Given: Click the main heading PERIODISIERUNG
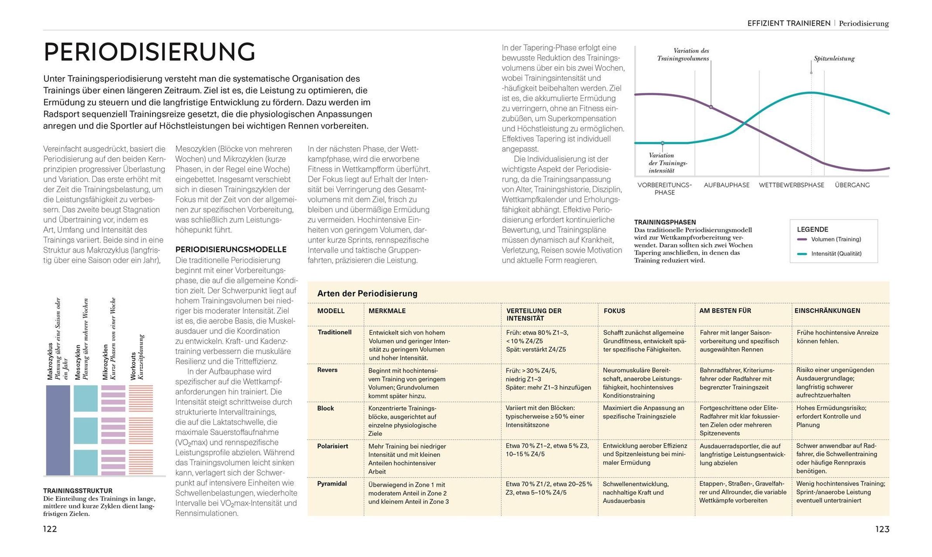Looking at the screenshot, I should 150,52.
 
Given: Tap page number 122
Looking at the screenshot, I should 50,529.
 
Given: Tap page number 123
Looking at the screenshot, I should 882,529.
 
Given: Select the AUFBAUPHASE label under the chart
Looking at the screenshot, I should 727,185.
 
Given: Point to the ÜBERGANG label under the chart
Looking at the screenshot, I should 852,185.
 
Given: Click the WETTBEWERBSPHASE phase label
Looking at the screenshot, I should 791,185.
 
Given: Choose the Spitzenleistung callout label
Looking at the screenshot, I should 834,59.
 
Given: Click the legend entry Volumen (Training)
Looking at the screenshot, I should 836,239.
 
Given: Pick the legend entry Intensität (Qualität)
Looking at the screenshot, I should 836,254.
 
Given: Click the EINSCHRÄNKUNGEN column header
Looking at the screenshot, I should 827,311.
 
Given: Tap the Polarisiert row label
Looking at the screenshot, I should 332,446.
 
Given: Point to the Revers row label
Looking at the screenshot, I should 327,370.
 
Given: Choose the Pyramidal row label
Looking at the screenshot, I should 332,484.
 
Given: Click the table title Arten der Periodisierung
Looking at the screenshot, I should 367,294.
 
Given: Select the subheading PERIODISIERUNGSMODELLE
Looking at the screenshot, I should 231,249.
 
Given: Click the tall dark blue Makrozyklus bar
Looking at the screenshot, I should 58,430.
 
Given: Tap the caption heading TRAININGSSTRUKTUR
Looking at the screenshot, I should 78,491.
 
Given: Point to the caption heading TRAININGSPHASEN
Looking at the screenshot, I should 665,222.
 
